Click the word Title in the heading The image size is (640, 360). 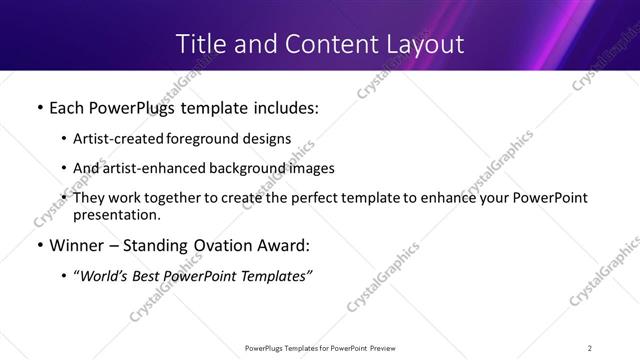pos(198,44)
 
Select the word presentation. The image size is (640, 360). pos(115,214)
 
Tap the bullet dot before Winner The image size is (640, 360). pos(39,246)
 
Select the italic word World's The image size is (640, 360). pos(106,276)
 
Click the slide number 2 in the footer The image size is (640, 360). pos(590,347)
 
